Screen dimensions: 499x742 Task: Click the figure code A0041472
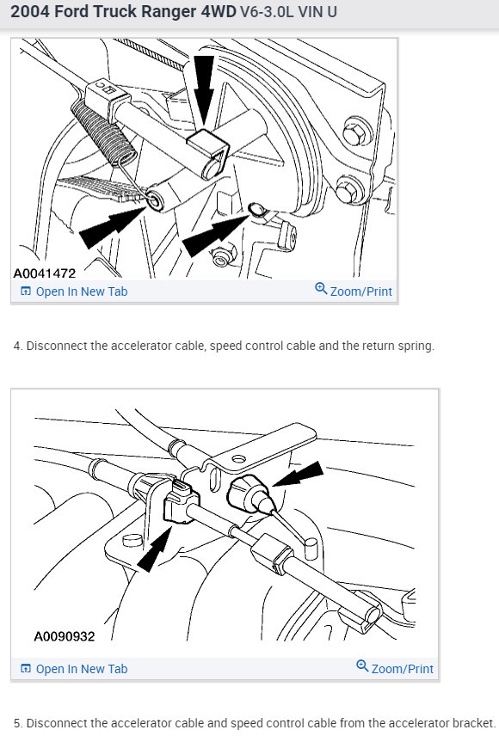point(45,273)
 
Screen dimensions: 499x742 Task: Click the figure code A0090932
point(65,636)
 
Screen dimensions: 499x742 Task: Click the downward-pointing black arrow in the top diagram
point(204,90)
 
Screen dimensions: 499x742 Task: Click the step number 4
point(17,346)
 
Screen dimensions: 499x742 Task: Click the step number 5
point(17,723)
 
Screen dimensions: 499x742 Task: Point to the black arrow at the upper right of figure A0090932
point(299,474)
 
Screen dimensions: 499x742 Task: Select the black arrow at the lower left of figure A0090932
point(154,549)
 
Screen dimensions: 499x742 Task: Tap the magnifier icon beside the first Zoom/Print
point(321,288)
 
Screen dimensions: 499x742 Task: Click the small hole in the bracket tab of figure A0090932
point(238,458)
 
